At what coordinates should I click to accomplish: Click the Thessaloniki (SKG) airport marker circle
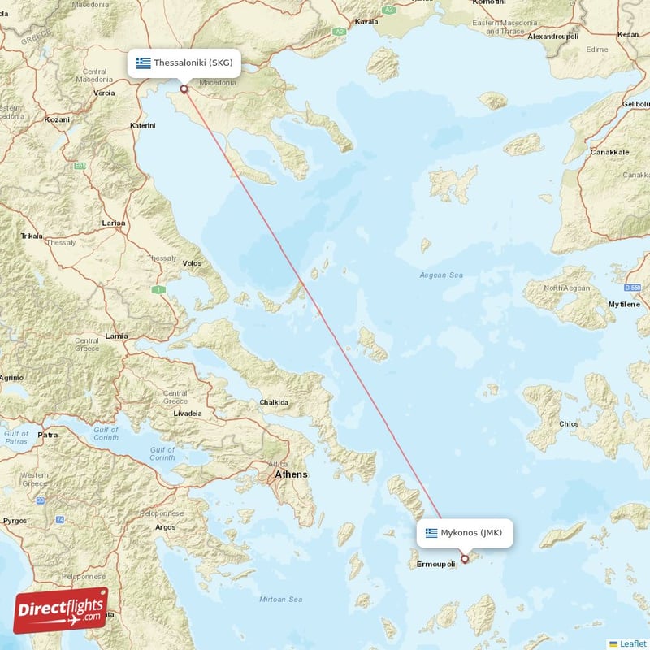pyautogui.click(x=184, y=89)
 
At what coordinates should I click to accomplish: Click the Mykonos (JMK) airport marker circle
pyautogui.click(x=465, y=558)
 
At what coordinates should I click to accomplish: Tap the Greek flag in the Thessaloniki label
pyautogui.click(x=144, y=63)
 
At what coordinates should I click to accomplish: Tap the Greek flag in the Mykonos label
pyautogui.click(x=431, y=533)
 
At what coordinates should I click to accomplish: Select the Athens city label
pyautogui.click(x=291, y=474)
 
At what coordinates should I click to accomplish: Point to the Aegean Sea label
pyautogui.click(x=441, y=275)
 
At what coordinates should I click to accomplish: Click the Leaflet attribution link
pyautogui.click(x=632, y=643)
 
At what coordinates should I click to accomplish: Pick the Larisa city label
pyautogui.click(x=114, y=223)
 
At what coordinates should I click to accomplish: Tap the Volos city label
pyautogui.click(x=192, y=263)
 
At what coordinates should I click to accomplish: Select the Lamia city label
pyautogui.click(x=116, y=336)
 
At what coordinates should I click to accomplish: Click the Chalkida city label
pyautogui.click(x=274, y=402)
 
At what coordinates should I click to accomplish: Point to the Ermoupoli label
pyautogui.click(x=437, y=564)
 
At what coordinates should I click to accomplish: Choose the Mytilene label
pyautogui.click(x=624, y=304)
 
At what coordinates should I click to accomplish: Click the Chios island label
pyautogui.click(x=569, y=424)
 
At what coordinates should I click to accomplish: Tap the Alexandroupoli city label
pyautogui.click(x=553, y=37)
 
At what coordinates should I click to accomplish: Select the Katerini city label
pyautogui.click(x=143, y=126)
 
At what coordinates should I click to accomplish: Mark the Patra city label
pyautogui.click(x=48, y=435)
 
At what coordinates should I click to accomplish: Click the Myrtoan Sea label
pyautogui.click(x=280, y=600)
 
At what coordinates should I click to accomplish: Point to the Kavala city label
pyautogui.click(x=366, y=23)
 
